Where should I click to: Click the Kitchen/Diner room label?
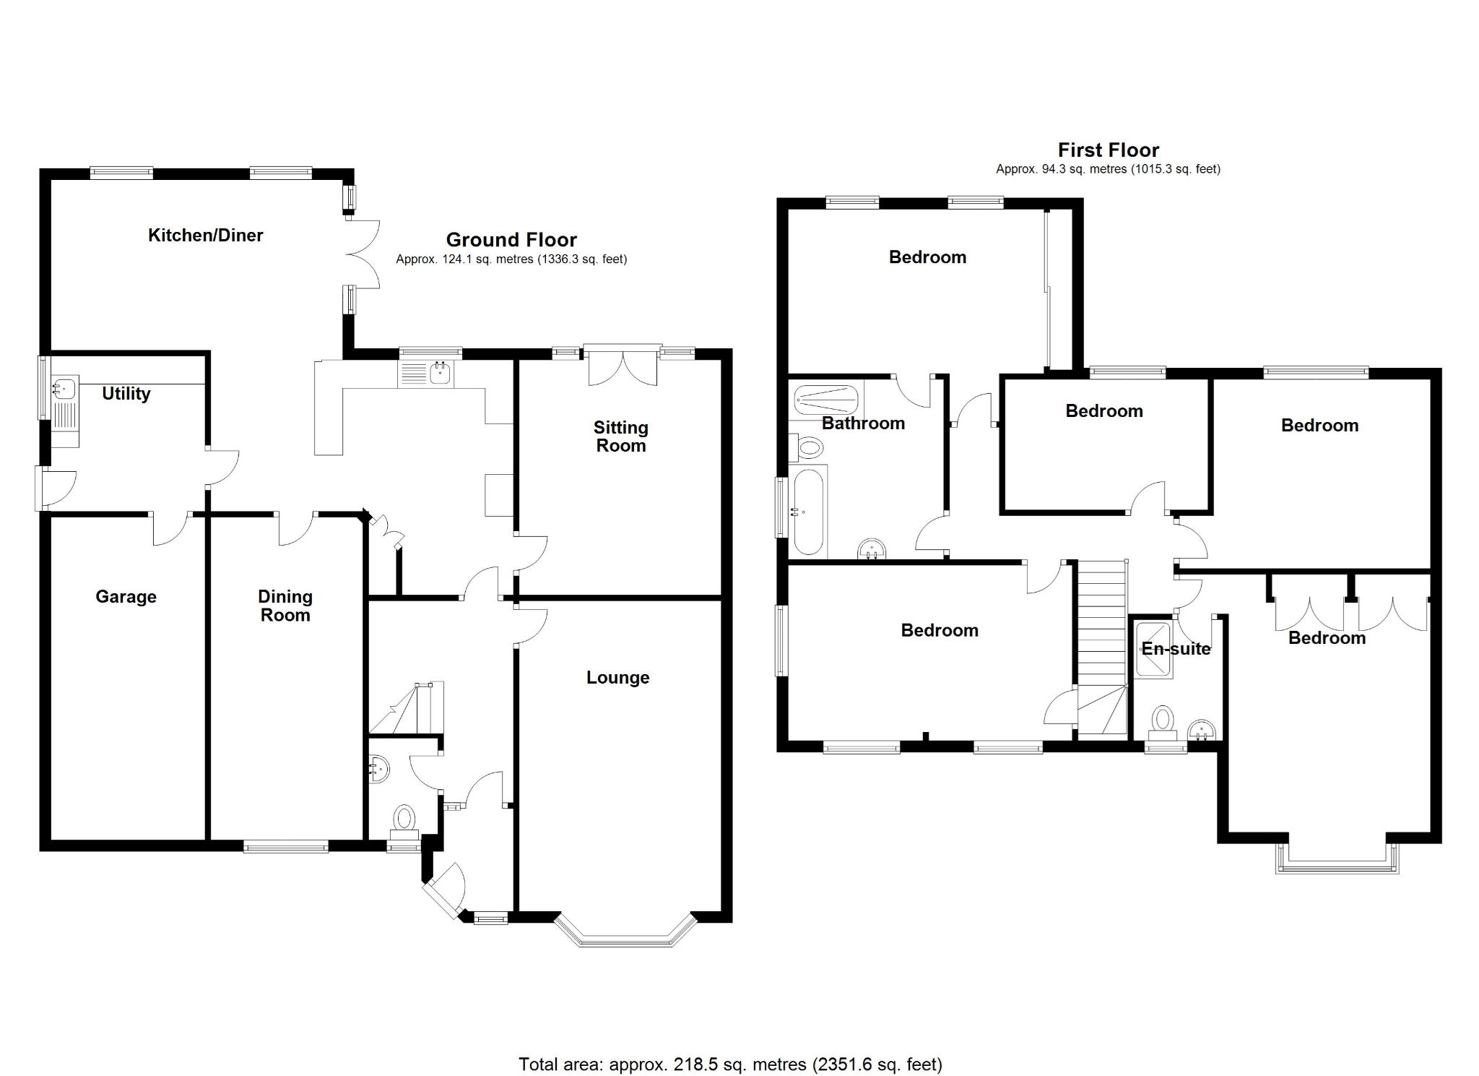205,235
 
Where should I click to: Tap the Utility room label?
126,393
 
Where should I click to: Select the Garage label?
126,596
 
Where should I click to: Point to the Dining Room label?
285,606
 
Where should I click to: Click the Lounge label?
617,677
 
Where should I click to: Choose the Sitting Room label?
620,436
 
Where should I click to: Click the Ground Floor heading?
511,239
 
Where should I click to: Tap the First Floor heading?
1108,150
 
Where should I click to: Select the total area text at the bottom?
730,1043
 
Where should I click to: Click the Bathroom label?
863,423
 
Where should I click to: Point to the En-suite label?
1176,648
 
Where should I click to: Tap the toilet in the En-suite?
1162,721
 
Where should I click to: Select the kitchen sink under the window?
439,373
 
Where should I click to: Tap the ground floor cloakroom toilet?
404,819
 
